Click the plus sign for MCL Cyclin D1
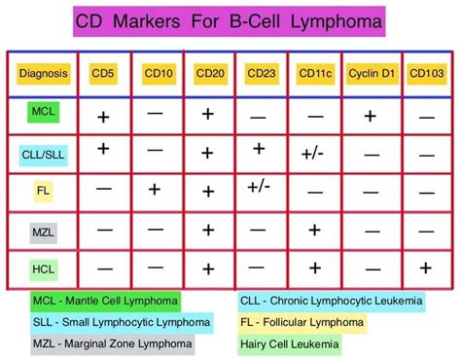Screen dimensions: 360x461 [x=370, y=115]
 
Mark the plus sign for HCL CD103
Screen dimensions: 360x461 [x=426, y=268]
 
